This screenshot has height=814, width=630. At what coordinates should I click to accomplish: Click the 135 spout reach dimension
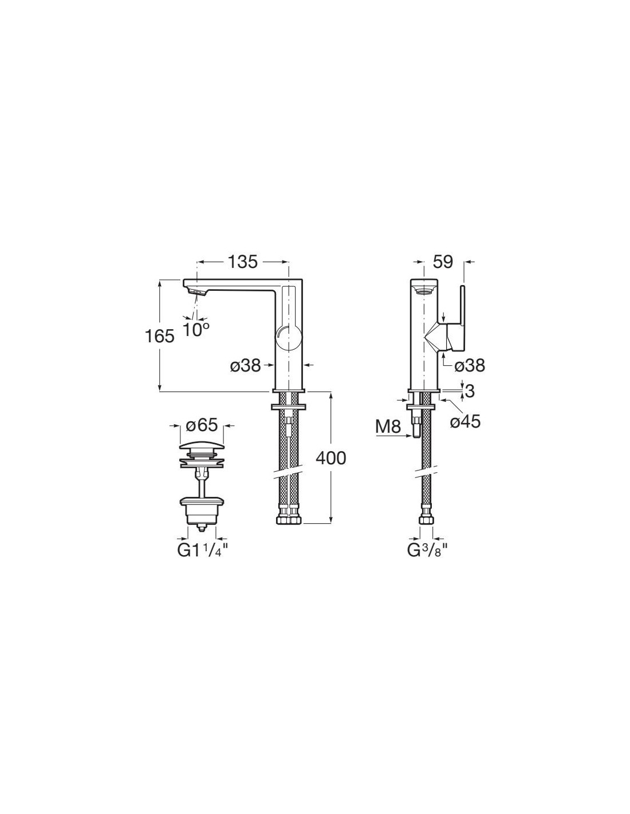[243, 262]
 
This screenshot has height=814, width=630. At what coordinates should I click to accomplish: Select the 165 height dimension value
[160, 337]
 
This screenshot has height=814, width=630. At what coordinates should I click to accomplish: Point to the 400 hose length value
[331, 458]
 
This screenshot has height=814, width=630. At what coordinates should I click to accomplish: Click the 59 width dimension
[443, 262]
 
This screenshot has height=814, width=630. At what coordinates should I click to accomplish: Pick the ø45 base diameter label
[465, 422]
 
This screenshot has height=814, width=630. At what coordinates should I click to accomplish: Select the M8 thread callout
[388, 426]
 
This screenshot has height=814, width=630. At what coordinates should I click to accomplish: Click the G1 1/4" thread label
[203, 551]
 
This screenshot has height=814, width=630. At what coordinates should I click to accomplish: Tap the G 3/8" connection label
[428, 551]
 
